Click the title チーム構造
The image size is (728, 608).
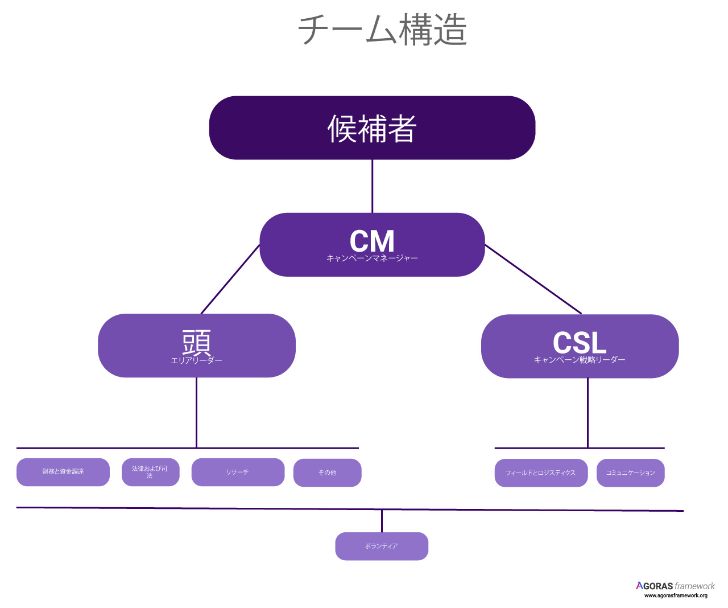[x=382, y=30]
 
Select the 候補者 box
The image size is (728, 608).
[x=372, y=128]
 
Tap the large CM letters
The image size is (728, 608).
[x=372, y=241]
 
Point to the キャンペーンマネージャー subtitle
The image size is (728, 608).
[x=372, y=258]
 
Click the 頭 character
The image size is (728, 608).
[x=196, y=342]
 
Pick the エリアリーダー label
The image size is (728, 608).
[x=196, y=360]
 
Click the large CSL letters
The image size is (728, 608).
[x=580, y=343]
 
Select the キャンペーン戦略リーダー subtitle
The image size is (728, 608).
[x=580, y=360]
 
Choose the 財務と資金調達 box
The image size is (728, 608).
[x=63, y=472]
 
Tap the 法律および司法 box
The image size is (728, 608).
[x=150, y=472]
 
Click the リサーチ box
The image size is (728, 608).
[x=238, y=472]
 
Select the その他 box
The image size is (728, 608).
[x=327, y=473]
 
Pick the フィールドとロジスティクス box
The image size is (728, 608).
[x=541, y=473]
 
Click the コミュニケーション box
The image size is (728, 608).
[x=630, y=473]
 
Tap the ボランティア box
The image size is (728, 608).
[x=382, y=546]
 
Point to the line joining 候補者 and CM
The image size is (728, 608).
[x=373, y=186]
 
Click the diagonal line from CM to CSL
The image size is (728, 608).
[x=533, y=279]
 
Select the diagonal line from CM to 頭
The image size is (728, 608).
[x=230, y=279]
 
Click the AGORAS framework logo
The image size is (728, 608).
[x=675, y=586]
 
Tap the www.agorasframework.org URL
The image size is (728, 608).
[x=676, y=595]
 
